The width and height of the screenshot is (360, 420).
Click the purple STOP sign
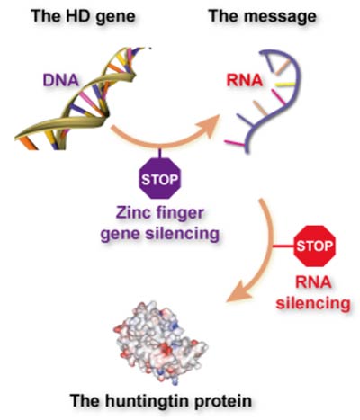(160, 179)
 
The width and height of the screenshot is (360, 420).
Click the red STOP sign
(314, 246)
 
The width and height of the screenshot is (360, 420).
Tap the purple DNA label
(61, 80)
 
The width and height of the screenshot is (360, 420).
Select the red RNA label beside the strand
(245, 80)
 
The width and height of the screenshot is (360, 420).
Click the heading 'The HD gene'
(83, 16)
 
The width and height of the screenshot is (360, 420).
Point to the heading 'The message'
(263, 16)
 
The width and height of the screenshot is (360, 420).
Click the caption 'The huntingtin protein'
(161, 400)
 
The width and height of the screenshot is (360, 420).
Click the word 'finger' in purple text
(180, 214)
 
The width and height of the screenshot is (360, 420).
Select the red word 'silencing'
(313, 303)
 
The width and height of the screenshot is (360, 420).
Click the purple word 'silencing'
(183, 233)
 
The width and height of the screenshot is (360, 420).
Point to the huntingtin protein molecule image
(160, 343)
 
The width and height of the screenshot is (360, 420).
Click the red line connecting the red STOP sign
(283, 246)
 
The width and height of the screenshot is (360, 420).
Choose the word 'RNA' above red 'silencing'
(313, 282)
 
